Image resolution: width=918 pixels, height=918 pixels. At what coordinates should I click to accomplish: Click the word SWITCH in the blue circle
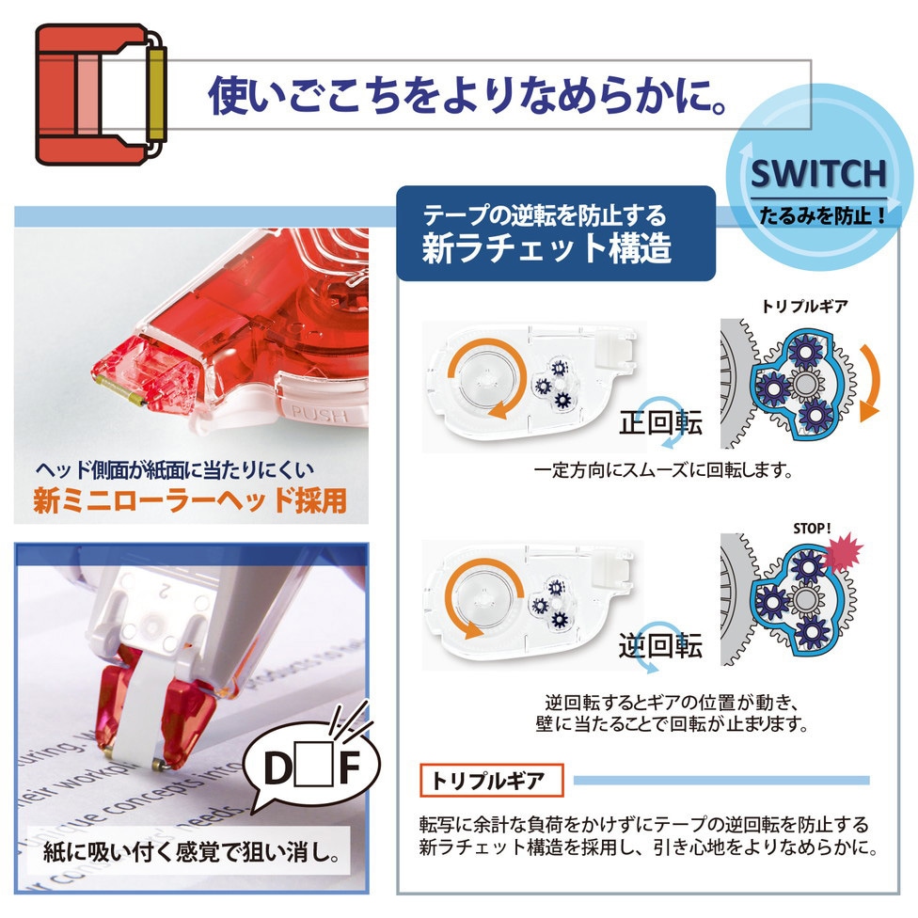[x=818, y=173]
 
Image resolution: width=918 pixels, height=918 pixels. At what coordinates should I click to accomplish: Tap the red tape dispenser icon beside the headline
[x=101, y=94]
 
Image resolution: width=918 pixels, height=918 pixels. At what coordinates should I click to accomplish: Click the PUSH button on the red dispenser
[x=320, y=414]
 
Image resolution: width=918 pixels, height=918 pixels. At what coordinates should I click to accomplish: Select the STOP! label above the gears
[x=812, y=528]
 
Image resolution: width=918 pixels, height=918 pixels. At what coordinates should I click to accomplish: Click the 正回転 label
[x=660, y=422]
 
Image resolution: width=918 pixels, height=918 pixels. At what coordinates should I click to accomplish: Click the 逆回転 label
[x=660, y=645]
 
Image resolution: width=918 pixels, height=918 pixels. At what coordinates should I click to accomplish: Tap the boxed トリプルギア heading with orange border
[x=491, y=781]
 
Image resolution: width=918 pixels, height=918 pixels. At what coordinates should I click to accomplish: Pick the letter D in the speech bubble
[x=278, y=768]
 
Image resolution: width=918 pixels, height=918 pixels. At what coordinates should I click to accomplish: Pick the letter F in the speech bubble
[x=350, y=768]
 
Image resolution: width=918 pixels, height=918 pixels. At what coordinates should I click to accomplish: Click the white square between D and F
[x=314, y=766]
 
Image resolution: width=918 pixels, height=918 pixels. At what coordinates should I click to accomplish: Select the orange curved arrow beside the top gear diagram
[x=869, y=383]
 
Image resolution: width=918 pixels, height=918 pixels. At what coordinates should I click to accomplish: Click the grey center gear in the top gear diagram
[x=806, y=384]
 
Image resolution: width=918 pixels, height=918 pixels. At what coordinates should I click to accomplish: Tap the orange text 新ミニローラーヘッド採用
[x=190, y=500]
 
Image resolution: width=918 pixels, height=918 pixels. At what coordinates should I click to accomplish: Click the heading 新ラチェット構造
[x=546, y=247]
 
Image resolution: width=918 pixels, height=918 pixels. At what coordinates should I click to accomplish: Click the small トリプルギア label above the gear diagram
[x=804, y=306]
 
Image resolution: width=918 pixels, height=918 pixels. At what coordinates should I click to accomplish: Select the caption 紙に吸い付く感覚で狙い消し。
[x=191, y=852]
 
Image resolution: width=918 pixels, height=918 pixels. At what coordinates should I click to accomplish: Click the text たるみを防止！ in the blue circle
[x=823, y=215]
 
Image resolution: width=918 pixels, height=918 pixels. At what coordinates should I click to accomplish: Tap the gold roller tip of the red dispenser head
[x=120, y=390]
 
